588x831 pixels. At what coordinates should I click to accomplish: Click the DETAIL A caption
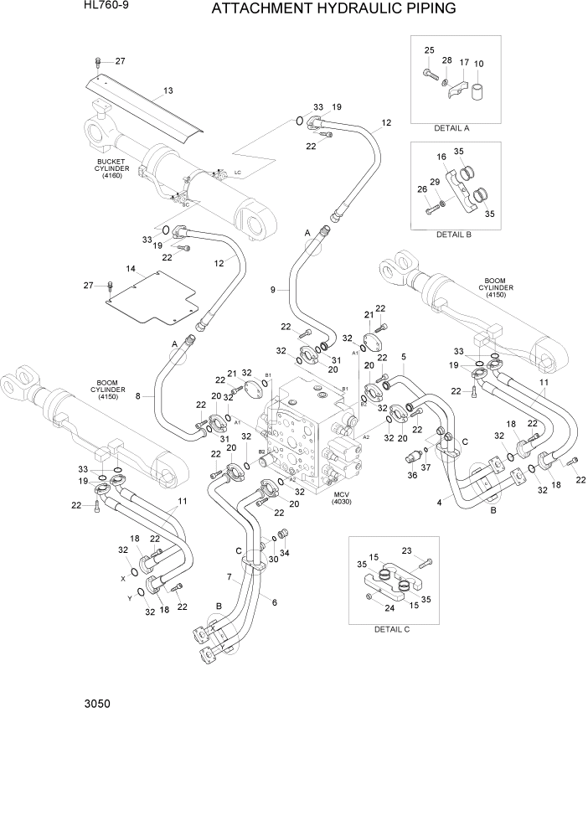[451, 128]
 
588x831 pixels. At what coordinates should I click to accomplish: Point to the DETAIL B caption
[454, 235]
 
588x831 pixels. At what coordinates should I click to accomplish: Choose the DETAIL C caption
[391, 628]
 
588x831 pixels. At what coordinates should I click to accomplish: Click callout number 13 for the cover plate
[168, 90]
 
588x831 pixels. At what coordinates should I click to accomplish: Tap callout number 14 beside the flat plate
[131, 269]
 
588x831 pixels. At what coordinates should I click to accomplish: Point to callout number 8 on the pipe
[149, 398]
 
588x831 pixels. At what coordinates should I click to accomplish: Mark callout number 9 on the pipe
[272, 290]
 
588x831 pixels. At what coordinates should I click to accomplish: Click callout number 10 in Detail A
[478, 64]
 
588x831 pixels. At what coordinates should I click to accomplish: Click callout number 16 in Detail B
[440, 157]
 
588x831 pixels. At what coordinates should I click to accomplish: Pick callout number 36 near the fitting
[411, 476]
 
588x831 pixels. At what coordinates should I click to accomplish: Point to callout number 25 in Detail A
[429, 51]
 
